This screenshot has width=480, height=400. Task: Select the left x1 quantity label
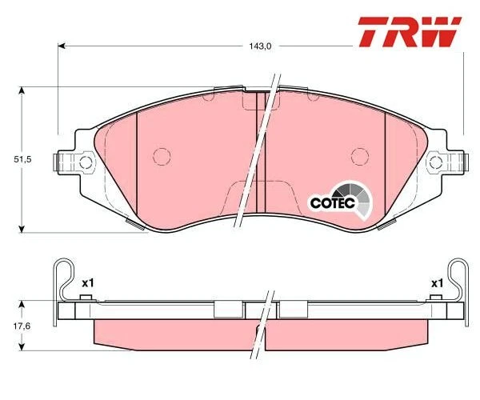pos(88,283)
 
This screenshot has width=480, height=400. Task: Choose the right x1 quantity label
pos(437,283)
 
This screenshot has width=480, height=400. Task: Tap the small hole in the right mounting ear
pos(437,162)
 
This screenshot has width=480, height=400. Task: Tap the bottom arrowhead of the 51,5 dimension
pos(22,228)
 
